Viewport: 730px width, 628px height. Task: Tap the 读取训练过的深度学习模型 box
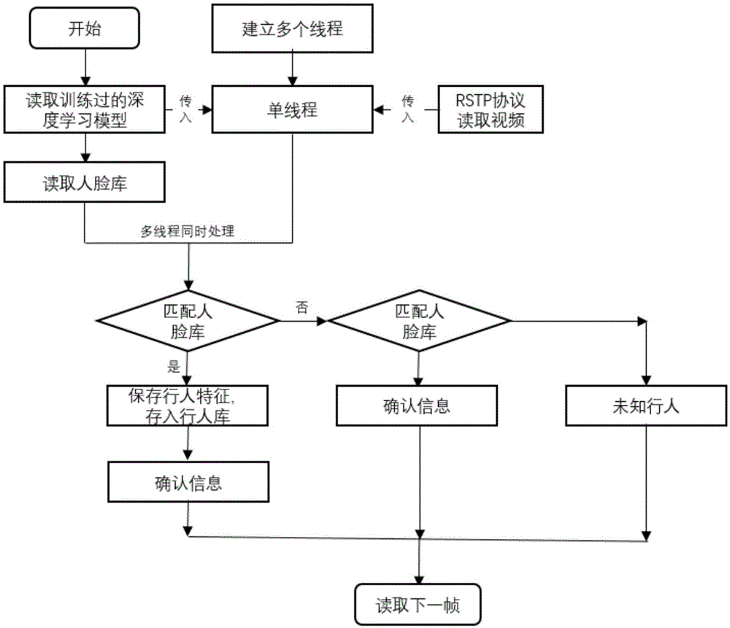85,109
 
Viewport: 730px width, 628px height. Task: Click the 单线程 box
292,109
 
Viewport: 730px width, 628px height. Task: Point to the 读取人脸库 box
85,182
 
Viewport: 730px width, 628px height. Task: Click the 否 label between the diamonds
301,306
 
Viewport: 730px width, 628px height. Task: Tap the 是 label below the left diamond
173,367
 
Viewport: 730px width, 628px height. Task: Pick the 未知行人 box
645,406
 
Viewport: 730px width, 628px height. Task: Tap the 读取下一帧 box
418,605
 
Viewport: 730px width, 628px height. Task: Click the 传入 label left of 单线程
185,109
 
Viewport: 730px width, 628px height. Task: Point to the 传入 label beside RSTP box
408,109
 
